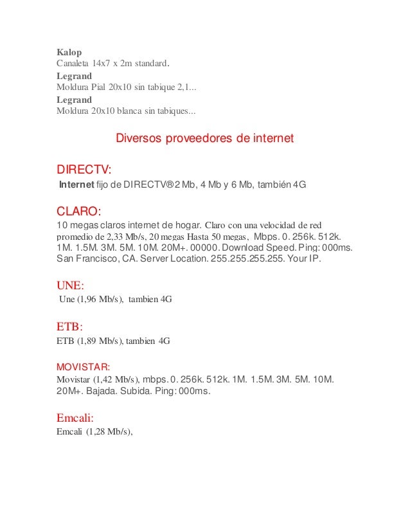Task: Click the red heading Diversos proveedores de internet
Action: (x=204, y=139)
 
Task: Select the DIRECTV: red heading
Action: (x=84, y=170)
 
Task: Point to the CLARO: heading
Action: (x=79, y=212)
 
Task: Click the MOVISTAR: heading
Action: (x=84, y=367)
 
